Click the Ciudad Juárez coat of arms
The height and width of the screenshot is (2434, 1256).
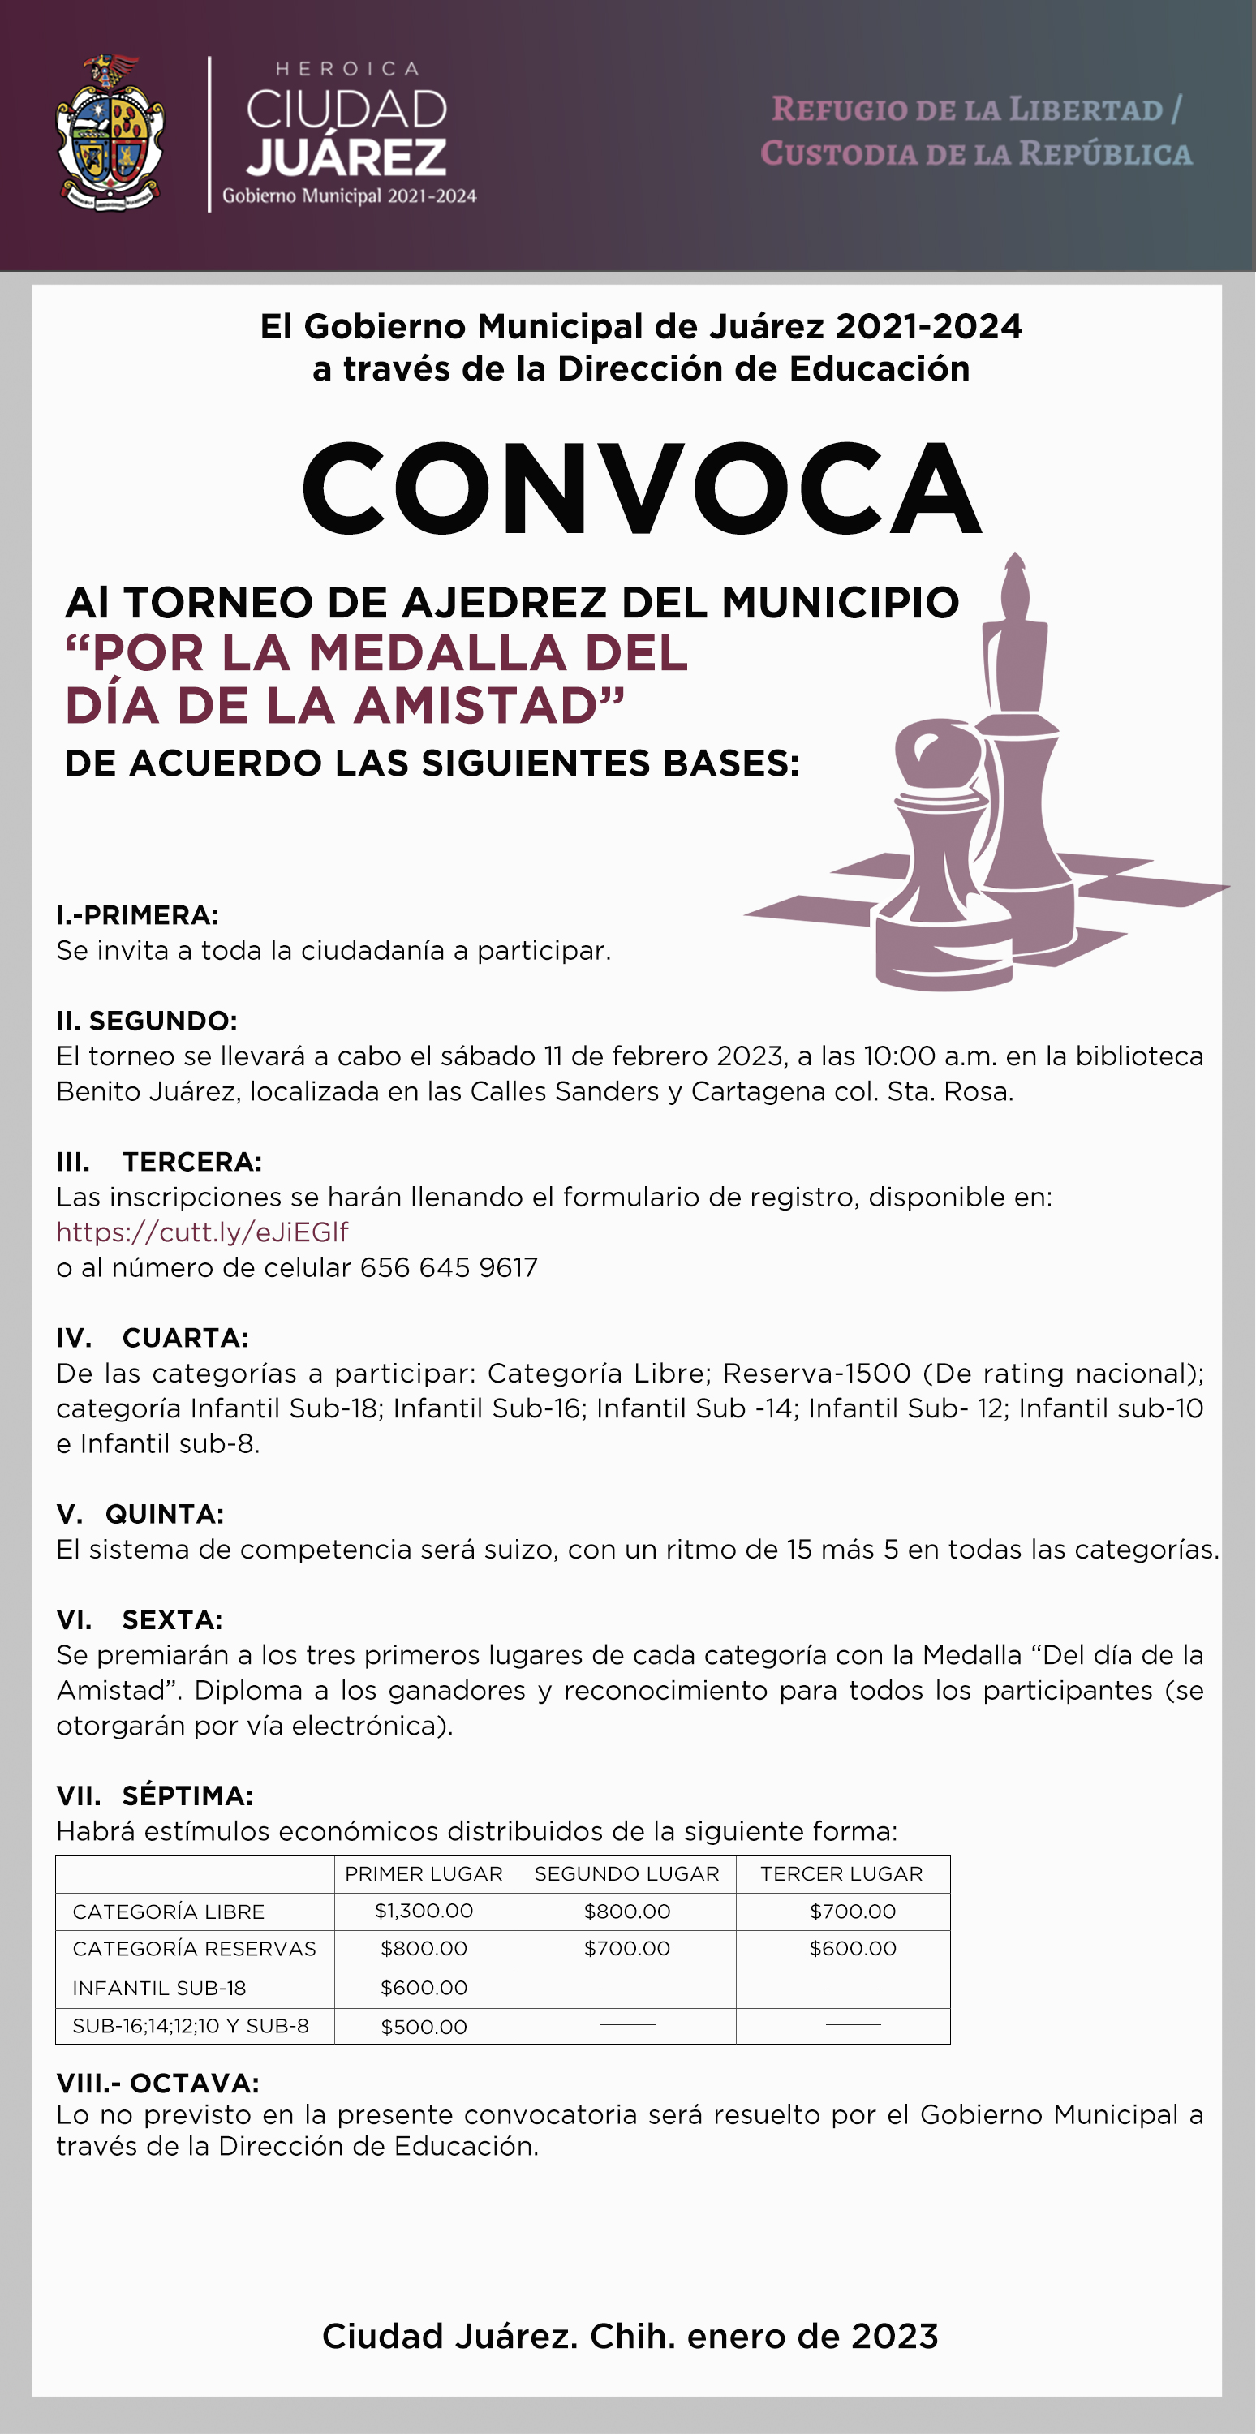(110, 134)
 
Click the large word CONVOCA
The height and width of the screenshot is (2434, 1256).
(642, 488)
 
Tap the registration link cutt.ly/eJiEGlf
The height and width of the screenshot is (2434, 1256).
(202, 1232)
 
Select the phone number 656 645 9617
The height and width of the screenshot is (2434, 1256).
(449, 1267)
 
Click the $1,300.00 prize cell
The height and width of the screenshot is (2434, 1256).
(424, 1911)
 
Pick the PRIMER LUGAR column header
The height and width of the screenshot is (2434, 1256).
(424, 1873)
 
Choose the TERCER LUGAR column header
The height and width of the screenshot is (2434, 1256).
(841, 1873)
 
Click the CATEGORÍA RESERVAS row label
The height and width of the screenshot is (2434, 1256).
(194, 1948)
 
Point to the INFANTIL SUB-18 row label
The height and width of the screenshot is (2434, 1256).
(159, 1988)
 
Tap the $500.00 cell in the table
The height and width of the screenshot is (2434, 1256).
(424, 2027)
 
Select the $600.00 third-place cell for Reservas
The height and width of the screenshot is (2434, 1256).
(853, 1948)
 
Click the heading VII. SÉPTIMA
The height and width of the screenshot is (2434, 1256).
(154, 1795)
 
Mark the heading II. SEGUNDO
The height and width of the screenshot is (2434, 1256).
(147, 1021)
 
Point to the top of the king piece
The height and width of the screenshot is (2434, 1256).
(1015, 567)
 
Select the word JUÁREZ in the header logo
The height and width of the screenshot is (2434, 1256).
(346, 157)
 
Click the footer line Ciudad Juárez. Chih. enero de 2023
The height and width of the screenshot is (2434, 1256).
(630, 2336)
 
